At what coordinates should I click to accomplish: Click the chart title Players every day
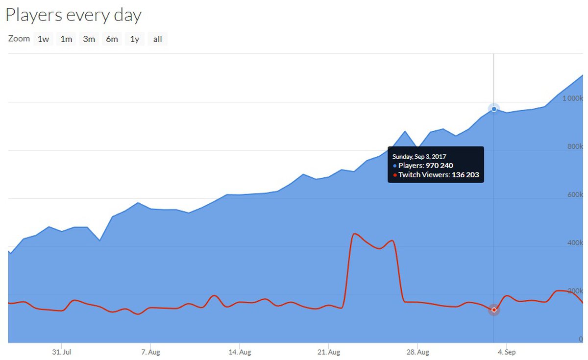click(73, 15)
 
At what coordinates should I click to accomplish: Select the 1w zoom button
click(44, 39)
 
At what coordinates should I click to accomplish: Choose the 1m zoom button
click(66, 39)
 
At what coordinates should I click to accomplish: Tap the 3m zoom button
click(89, 39)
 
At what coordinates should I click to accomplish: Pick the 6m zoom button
click(112, 39)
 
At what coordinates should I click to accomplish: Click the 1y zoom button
click(134, 39)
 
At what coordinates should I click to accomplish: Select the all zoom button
click(157, 39)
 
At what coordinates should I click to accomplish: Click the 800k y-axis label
click(574, 146)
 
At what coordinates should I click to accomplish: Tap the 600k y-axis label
click(574, 194)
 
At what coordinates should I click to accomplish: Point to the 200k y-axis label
click(574, 291)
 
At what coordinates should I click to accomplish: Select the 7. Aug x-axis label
click(150, 352)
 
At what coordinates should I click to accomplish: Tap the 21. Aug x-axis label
click(329, 352)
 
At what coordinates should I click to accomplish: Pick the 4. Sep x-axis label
click(507, 352)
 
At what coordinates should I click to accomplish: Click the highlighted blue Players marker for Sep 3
click(494, 109)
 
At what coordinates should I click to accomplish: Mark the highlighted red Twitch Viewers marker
click(494, 310)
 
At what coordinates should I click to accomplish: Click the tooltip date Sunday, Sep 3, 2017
click(419, 157)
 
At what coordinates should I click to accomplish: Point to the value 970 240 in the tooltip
click(439, 166)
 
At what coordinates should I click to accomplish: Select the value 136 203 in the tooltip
click(465, 175)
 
